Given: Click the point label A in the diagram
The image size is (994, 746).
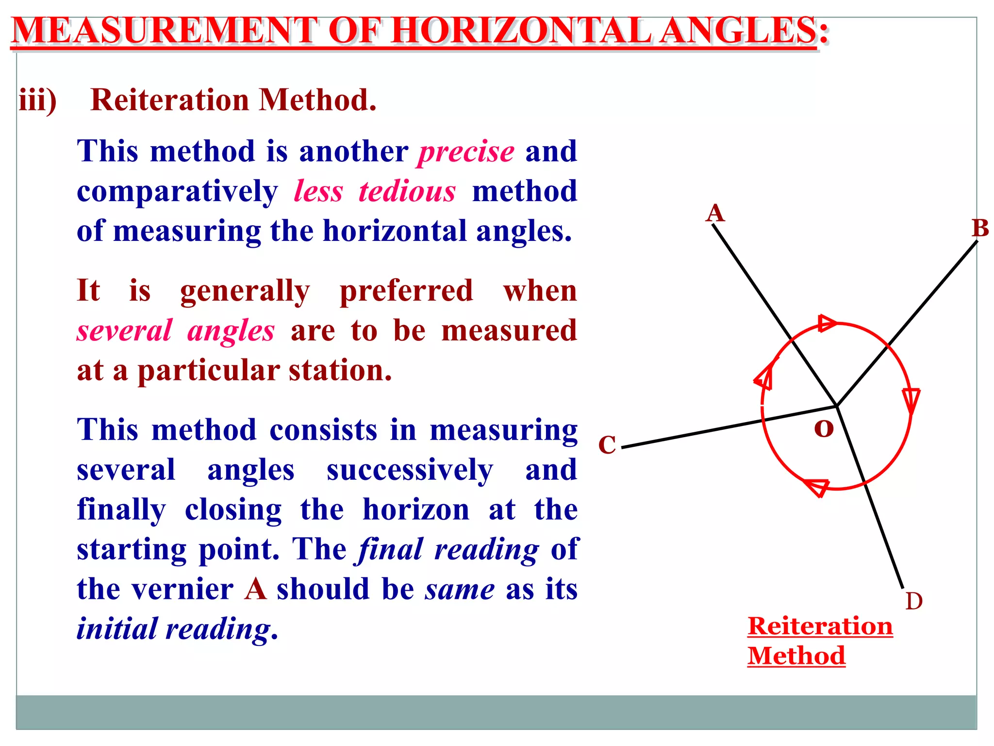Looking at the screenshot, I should point(715,213).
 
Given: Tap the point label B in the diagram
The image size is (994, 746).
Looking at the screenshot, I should point(980,228).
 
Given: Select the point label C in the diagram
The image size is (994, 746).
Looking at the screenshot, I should point(607,444).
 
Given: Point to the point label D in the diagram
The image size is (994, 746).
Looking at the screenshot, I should point(914,601).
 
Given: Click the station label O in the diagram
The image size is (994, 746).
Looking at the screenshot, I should point(824,428).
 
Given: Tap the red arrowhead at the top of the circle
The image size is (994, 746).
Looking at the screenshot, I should point(827,323).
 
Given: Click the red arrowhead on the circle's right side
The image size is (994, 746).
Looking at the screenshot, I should point(911,400).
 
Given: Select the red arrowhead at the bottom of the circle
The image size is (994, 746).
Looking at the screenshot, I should point(817,487).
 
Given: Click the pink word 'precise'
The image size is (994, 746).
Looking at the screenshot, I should point(466,152).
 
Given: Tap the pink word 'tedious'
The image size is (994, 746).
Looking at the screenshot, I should point(407,191).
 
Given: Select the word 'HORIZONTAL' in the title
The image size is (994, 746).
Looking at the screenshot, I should point(521,31).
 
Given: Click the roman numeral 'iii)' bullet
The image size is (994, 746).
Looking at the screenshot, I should point(38,100).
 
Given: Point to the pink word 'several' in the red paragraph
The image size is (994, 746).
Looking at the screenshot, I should point(124,331).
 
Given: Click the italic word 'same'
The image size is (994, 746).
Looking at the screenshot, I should point(460,589).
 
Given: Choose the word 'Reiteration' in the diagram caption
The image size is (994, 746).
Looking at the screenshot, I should point(820,626).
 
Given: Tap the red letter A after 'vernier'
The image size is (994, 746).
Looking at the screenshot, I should point(255,589).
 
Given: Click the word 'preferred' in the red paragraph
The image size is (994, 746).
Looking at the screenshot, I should point(406,291).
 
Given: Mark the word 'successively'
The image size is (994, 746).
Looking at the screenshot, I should point(410,470).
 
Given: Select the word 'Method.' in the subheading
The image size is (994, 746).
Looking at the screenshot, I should point(317,100).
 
